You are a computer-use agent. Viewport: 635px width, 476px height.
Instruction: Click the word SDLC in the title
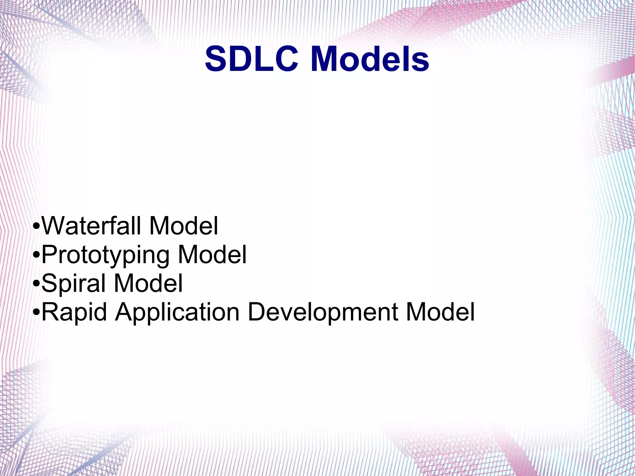click(x=251, y=59)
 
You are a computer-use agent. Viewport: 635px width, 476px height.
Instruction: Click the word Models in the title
click(x=370, y=59)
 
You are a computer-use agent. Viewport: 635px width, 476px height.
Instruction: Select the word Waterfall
click(x=92, y=226)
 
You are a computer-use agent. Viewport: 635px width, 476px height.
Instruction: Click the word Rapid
click(x=74, y=312)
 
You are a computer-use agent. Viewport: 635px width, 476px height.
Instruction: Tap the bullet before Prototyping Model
click(x=36, y=255)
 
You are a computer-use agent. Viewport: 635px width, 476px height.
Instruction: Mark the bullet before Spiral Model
click(x=36, y=283)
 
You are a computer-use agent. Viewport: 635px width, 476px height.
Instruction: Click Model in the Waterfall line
click(x=184, y=226)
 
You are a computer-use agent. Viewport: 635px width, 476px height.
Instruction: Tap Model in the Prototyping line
click(x=212, y=255)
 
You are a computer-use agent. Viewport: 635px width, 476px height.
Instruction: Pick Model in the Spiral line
click(x=149, y=283)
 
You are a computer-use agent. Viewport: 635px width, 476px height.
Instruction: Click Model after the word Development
click(x=440, y=312)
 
